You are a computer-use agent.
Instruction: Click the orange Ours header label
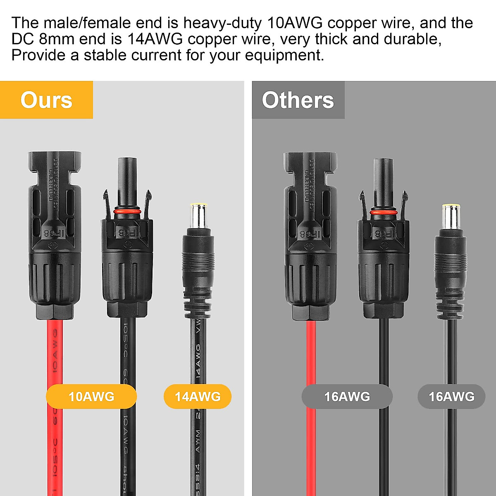(x=46, y=100)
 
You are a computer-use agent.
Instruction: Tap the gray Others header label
(x=298, y=100)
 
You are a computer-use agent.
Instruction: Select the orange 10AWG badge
(x=91, y=396)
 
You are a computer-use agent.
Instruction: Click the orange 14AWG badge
(x=198, y=396)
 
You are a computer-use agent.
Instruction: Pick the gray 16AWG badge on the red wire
(x=347, y=396)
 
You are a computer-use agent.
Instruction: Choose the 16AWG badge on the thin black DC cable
(x=451, y=396)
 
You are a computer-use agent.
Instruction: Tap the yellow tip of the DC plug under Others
(x=451, y=207)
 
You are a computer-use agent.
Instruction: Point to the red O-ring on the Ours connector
(x=127, y=212)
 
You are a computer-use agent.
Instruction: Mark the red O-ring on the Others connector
(x=383, y=212)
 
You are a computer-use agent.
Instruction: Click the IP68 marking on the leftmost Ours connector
(x=54, y=233)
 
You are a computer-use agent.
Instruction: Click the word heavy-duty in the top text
(x=222, y=23)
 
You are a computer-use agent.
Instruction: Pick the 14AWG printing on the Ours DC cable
(x=198, y=362)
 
